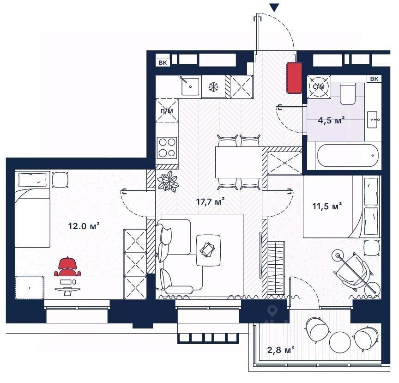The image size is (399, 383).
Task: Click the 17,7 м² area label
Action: (210, 202)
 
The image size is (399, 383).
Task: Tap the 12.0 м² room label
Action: (84, 226)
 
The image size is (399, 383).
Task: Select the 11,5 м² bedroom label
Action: (327, 206)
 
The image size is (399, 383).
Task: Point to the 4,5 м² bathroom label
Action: (331, 120)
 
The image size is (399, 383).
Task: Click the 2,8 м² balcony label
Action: (281, 350)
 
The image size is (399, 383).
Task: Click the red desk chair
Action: (67, 267)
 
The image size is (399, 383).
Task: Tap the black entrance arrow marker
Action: (274, 7)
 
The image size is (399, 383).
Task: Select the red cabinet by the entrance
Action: (294, 78)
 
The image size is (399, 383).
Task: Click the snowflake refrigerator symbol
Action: (213, 87)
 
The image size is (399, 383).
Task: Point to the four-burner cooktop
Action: (167, 148)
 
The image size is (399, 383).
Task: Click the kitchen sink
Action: (190, 86)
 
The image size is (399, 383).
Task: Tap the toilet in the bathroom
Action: (348, 93)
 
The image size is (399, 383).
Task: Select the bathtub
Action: (348, 155)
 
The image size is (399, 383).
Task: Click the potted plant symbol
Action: (167, 181)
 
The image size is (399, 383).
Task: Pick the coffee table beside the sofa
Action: (208, 250)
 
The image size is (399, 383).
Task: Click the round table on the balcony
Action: (340, 342)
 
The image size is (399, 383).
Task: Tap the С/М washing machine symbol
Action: (319, 87)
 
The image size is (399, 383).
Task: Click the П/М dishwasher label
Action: (167, 111)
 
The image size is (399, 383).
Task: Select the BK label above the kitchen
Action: (163, 63)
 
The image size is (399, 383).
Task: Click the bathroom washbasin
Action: (374, 120)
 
